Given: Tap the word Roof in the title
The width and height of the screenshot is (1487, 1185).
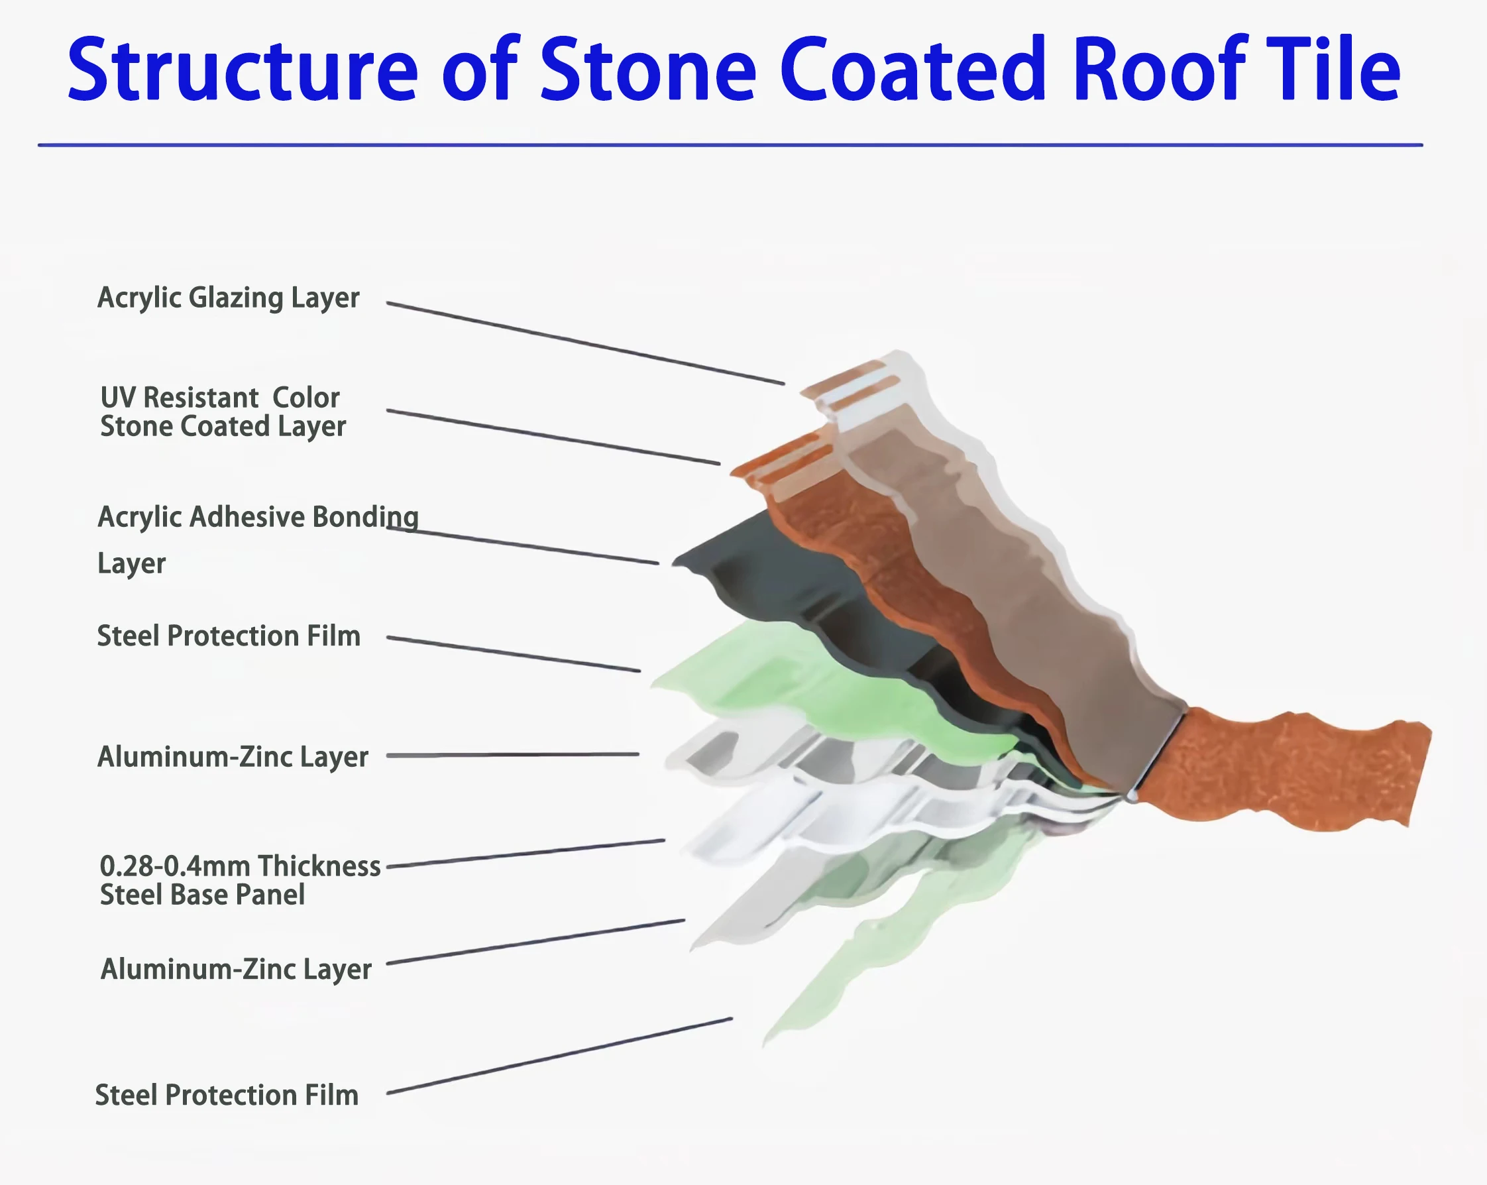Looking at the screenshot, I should [x=1159, y=69].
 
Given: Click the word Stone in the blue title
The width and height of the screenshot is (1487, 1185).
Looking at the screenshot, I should [x=648, y=69].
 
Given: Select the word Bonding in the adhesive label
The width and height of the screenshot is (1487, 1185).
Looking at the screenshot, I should [x=365, y=518].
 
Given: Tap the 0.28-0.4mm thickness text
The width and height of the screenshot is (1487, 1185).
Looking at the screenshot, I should [x=240, y=866].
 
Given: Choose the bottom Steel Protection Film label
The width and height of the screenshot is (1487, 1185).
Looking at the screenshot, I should [x=226, y=1096].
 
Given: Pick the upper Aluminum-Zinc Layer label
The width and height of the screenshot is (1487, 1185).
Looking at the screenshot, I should [x=233, y=757].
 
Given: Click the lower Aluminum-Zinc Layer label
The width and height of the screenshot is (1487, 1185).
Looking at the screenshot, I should [x=236, y=969].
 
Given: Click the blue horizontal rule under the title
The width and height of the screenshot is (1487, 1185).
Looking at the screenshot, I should [x=730, y=145].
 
